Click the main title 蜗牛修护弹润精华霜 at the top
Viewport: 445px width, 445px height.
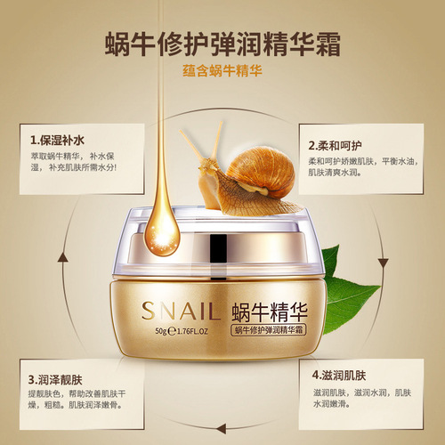222,42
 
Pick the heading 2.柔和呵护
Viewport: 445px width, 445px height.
336,143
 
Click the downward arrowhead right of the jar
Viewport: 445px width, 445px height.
383,262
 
